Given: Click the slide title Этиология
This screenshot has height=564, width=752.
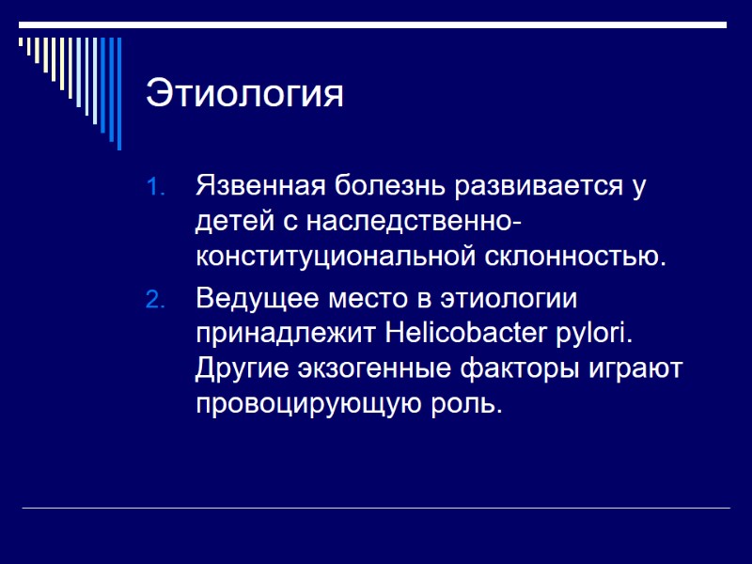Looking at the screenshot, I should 244,96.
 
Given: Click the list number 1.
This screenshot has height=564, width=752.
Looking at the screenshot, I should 156,187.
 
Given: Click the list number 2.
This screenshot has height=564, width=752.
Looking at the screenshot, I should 156,300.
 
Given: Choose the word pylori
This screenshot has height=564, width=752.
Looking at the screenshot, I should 599,336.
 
